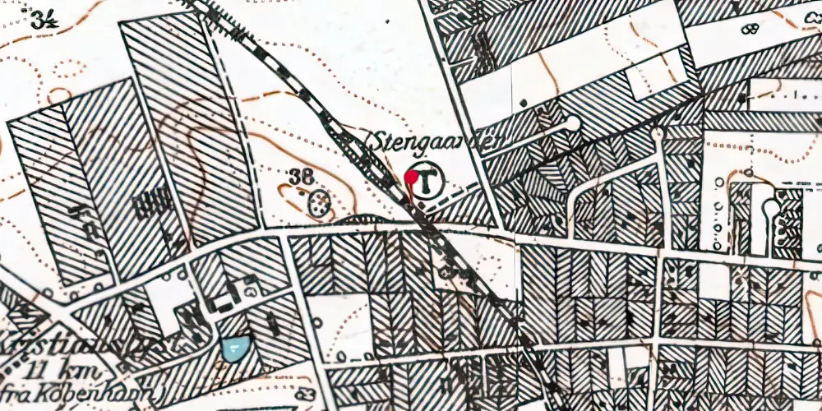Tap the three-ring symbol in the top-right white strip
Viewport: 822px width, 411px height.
[749, 30]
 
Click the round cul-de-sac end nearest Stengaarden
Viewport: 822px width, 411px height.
[573, 124]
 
